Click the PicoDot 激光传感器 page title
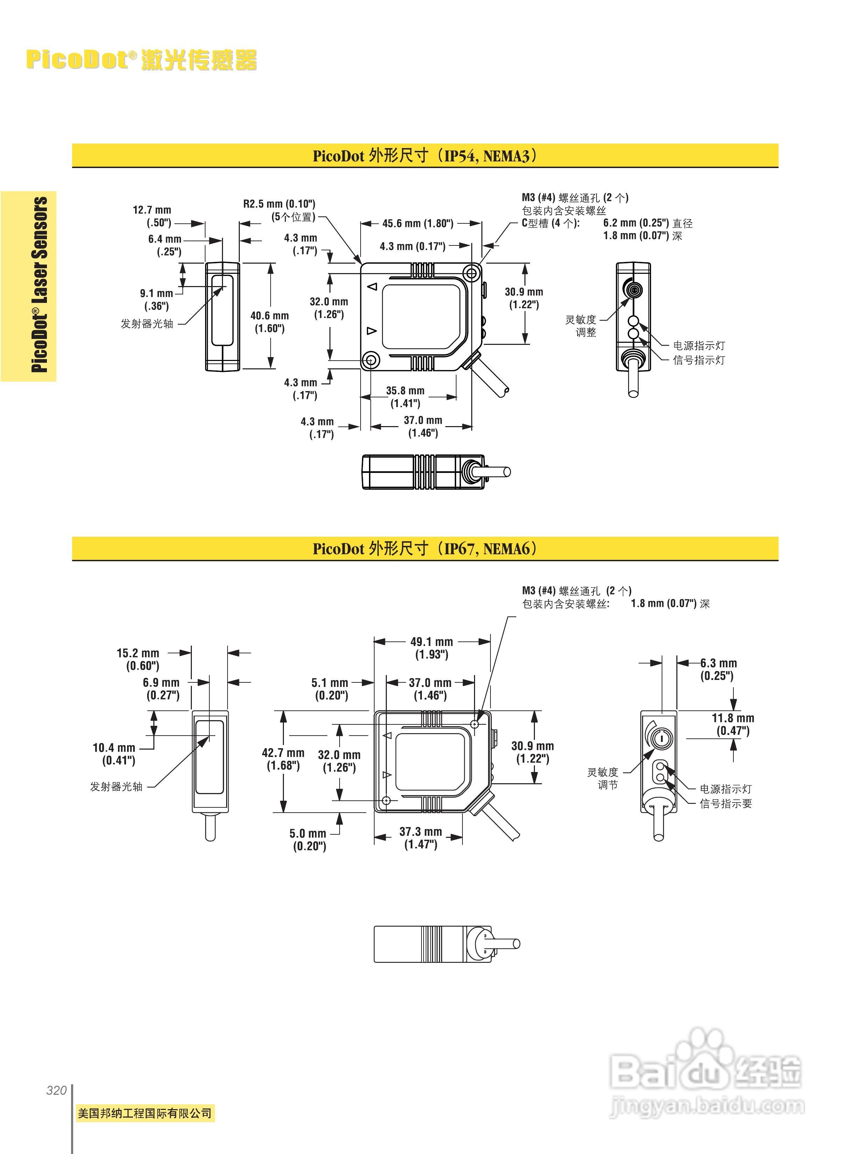pyautogui.click(x=141, y=60)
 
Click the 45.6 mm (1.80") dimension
pyautogui.click(x=418, y=224)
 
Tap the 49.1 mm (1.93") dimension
pyautogui.click(x=432, y=648)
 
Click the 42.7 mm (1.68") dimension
pyautogui.click(x=283, y=759)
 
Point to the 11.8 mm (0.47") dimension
pyautogui.click(x=732, y=724)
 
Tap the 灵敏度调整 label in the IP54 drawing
pyautogui.click(x=582, y=326)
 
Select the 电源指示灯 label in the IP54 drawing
pyautogui.click(x=699, y=346)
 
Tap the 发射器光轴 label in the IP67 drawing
pyautogui.click(x=116, y=787)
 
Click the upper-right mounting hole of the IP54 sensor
pyautogui.click(x=472, y=273)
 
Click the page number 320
pyautogui.click(x=57, y=1091)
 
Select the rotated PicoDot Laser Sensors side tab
pyautogui.click(x=40, y=285)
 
